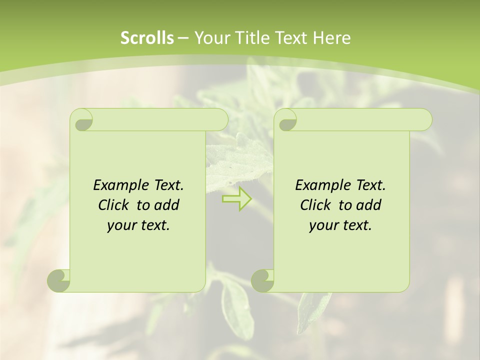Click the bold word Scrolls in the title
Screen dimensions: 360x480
147,38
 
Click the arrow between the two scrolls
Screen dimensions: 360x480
237,198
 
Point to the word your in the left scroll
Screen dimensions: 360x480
120,225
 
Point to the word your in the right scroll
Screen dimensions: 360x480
322,225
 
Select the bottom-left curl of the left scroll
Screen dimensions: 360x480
59,280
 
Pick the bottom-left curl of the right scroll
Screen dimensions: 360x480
262,280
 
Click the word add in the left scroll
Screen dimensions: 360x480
167,205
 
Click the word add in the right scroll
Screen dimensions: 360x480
369,205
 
